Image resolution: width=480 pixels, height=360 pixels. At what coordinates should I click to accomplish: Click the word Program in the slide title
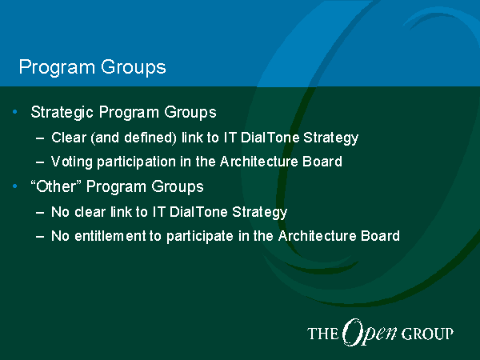tap(57, 67)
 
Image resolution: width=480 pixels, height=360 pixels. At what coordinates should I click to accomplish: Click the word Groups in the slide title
tap(134, 67)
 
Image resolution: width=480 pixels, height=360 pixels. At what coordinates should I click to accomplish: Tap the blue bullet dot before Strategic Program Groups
tap(14, 112)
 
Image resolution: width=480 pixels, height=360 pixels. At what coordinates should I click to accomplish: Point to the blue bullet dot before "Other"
tap(14, 186)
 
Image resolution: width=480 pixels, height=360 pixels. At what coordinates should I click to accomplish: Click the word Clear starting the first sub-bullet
tap(69, 138)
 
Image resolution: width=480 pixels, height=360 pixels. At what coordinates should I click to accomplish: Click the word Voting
tap(71, 162)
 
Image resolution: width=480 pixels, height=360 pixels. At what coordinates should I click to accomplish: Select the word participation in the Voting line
tap(136, 162)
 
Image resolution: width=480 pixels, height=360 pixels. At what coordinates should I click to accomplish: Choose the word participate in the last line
tap(200, 237)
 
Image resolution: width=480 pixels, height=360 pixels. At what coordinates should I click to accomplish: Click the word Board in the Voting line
tap(322, 162)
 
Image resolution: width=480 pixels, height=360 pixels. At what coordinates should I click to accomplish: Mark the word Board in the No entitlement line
tap(380, 236)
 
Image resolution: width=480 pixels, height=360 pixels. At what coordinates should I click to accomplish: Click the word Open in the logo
tap(370, 333)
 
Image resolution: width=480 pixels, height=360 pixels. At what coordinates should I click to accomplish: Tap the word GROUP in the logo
tap(427, 334)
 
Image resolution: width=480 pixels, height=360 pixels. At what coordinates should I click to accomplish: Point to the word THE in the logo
tap(323, 334)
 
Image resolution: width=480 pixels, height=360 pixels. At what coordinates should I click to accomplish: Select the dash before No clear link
tap(40, 212)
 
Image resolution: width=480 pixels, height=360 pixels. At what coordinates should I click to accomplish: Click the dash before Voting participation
tap(40, 162)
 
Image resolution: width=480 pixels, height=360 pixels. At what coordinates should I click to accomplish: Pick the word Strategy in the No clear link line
tap(259, 213)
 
